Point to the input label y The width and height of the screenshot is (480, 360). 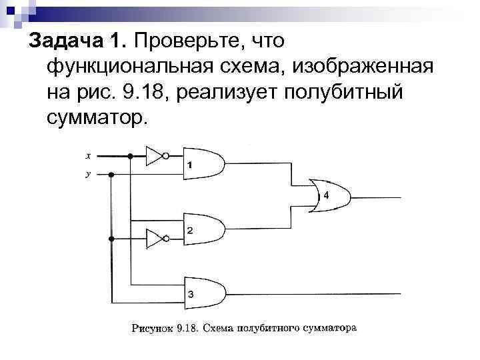[x=88, y=175]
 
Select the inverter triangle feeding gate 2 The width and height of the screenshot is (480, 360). [x=154, y=238]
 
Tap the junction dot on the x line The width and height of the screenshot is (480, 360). [x=131, y=157]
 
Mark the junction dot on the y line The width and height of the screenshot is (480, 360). [x=111, y=175]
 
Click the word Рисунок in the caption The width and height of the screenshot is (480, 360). [x=153, y=328]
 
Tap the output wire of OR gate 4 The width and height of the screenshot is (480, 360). [x=377, y=197]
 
